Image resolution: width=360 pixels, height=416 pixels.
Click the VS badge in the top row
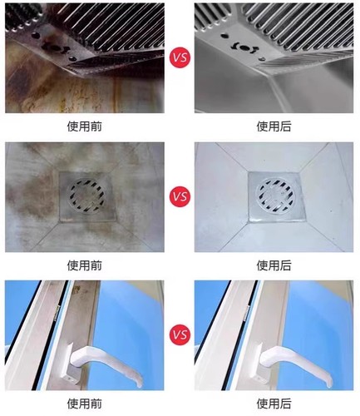tap(179, 58)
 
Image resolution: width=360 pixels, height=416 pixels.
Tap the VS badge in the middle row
tap(179, 197)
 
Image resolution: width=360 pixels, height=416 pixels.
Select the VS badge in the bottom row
tap(179, 337)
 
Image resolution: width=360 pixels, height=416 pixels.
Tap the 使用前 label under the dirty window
tap(85, 404)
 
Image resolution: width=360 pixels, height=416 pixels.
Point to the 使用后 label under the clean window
tap(274, 404)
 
